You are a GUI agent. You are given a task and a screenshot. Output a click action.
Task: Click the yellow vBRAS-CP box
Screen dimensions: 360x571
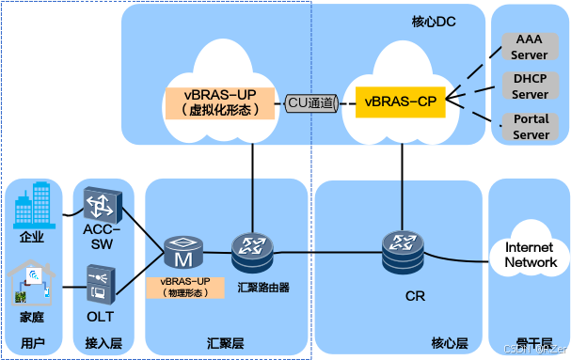(400, 101)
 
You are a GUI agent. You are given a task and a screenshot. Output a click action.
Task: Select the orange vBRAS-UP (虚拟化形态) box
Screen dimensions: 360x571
(222, 101)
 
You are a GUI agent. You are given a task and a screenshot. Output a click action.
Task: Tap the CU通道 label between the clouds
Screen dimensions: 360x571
(311, 102)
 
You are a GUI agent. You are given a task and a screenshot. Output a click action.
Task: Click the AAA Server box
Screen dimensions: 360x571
(531, 47)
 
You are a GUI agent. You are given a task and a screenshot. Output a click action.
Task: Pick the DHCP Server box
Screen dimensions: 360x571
(531, 87)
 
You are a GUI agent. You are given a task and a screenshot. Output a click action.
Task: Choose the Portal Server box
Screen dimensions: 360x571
(531, 127)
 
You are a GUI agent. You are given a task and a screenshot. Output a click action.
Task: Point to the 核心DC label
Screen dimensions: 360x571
(434, 21)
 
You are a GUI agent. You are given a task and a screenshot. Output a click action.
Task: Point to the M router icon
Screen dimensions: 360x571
(182, 252)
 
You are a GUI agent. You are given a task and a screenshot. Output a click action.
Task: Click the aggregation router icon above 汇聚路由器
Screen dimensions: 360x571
(251, 251)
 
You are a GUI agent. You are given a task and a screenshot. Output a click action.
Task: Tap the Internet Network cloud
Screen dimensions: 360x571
(531, 254)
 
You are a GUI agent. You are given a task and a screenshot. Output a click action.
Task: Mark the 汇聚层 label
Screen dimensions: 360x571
(226, 343)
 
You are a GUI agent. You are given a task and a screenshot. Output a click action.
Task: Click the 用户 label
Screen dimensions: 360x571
(33, 343)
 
